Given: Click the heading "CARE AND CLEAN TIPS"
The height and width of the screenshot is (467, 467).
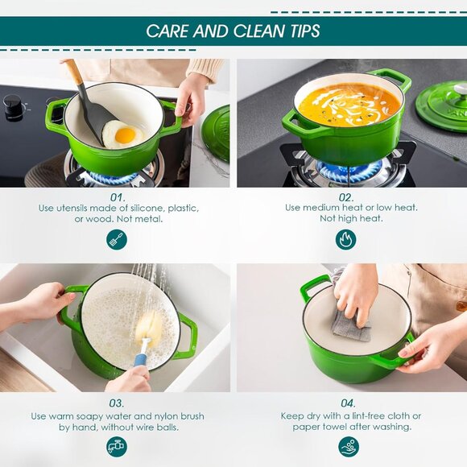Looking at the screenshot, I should (233, 31).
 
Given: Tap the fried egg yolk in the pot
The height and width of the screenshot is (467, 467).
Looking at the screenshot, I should (125, 134).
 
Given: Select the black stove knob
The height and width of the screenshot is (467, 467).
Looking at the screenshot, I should (14, 108).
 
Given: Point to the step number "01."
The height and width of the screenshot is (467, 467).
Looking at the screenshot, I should (118, 196).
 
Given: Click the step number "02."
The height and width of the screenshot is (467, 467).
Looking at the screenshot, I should (346, 196).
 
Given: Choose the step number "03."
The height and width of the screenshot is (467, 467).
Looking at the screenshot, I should (117, 403).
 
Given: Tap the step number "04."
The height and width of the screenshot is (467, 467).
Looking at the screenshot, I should (348, 403).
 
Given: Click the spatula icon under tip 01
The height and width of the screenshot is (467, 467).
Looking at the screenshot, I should (117, 239).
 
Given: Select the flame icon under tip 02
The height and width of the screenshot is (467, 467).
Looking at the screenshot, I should (346, 239).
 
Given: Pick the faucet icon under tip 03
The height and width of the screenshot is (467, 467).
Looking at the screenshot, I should (117, 446).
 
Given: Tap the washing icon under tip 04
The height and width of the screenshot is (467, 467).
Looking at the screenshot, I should (348, 446).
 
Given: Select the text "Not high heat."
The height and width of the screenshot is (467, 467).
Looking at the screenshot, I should (351, 219).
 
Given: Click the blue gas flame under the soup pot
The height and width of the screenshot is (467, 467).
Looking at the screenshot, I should (347, 170).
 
